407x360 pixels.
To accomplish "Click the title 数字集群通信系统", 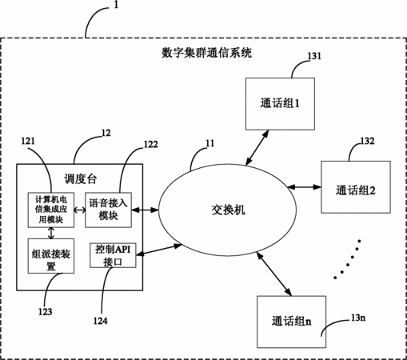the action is click(x=206, y=53).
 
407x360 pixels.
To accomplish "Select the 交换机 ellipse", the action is click(x=227, y=210).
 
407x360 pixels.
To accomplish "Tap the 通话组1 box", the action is click(x=280, y=104).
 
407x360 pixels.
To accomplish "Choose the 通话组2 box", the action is click(x=356, y=187).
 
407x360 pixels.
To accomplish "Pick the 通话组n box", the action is click(x=291, y=322).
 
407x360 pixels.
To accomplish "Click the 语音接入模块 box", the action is click(x=108, y=210).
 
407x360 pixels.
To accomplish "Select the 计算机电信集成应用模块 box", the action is click(x=51, y=210).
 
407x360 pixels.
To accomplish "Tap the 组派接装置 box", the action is click(x=51, y=256).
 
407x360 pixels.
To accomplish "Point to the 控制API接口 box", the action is click(x=113, y=255).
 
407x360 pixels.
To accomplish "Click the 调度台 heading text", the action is click(x=80, y=179).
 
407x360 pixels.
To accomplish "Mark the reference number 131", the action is click(x=314, y=56).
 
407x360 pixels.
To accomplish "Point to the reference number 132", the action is click(x=368, y=141).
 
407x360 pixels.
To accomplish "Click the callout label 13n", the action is click(x=358, y=318).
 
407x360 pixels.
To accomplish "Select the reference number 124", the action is click(x=101, y=321).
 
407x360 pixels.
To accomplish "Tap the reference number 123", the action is click(x=46, y=311).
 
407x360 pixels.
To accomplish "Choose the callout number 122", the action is click(x=151, y=144).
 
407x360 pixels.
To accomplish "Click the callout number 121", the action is click(x=28, y=141).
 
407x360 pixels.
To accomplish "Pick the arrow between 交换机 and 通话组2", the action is click(x=305, y=187).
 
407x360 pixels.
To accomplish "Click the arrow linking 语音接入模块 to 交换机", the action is click(x=145, y=210).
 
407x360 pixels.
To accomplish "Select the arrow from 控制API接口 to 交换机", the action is click(x=159, y=250).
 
